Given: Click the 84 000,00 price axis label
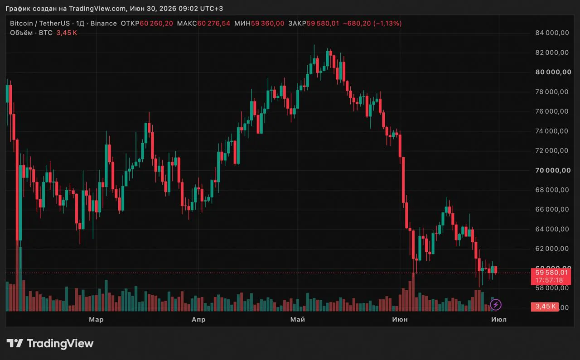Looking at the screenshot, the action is point(552,33).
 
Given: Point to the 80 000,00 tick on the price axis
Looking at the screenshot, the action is point(553,72).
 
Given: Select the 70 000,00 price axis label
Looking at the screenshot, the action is point(553,170).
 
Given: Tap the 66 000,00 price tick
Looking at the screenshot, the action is point(552,209).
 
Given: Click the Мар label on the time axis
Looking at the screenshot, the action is point(97,319).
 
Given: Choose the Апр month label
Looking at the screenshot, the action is point(198,319).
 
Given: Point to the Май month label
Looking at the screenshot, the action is point(298,319).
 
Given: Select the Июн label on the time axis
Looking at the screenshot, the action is point(400,319).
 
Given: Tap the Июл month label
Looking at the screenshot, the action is point(499,319).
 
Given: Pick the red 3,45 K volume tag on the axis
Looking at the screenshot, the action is point(545,307).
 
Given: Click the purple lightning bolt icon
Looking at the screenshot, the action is point(496,305).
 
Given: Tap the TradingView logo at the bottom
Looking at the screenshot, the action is point(50,343).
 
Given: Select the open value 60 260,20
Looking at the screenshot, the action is point(156,24).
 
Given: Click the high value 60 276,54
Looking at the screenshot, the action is point(214,24).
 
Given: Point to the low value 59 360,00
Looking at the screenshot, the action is point(267,24).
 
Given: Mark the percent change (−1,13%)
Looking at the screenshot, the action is point(387,24).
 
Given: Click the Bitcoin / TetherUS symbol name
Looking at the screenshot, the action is point(40,24).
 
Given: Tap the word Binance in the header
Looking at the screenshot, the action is point(104,24).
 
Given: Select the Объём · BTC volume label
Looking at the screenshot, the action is point(31,33).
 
